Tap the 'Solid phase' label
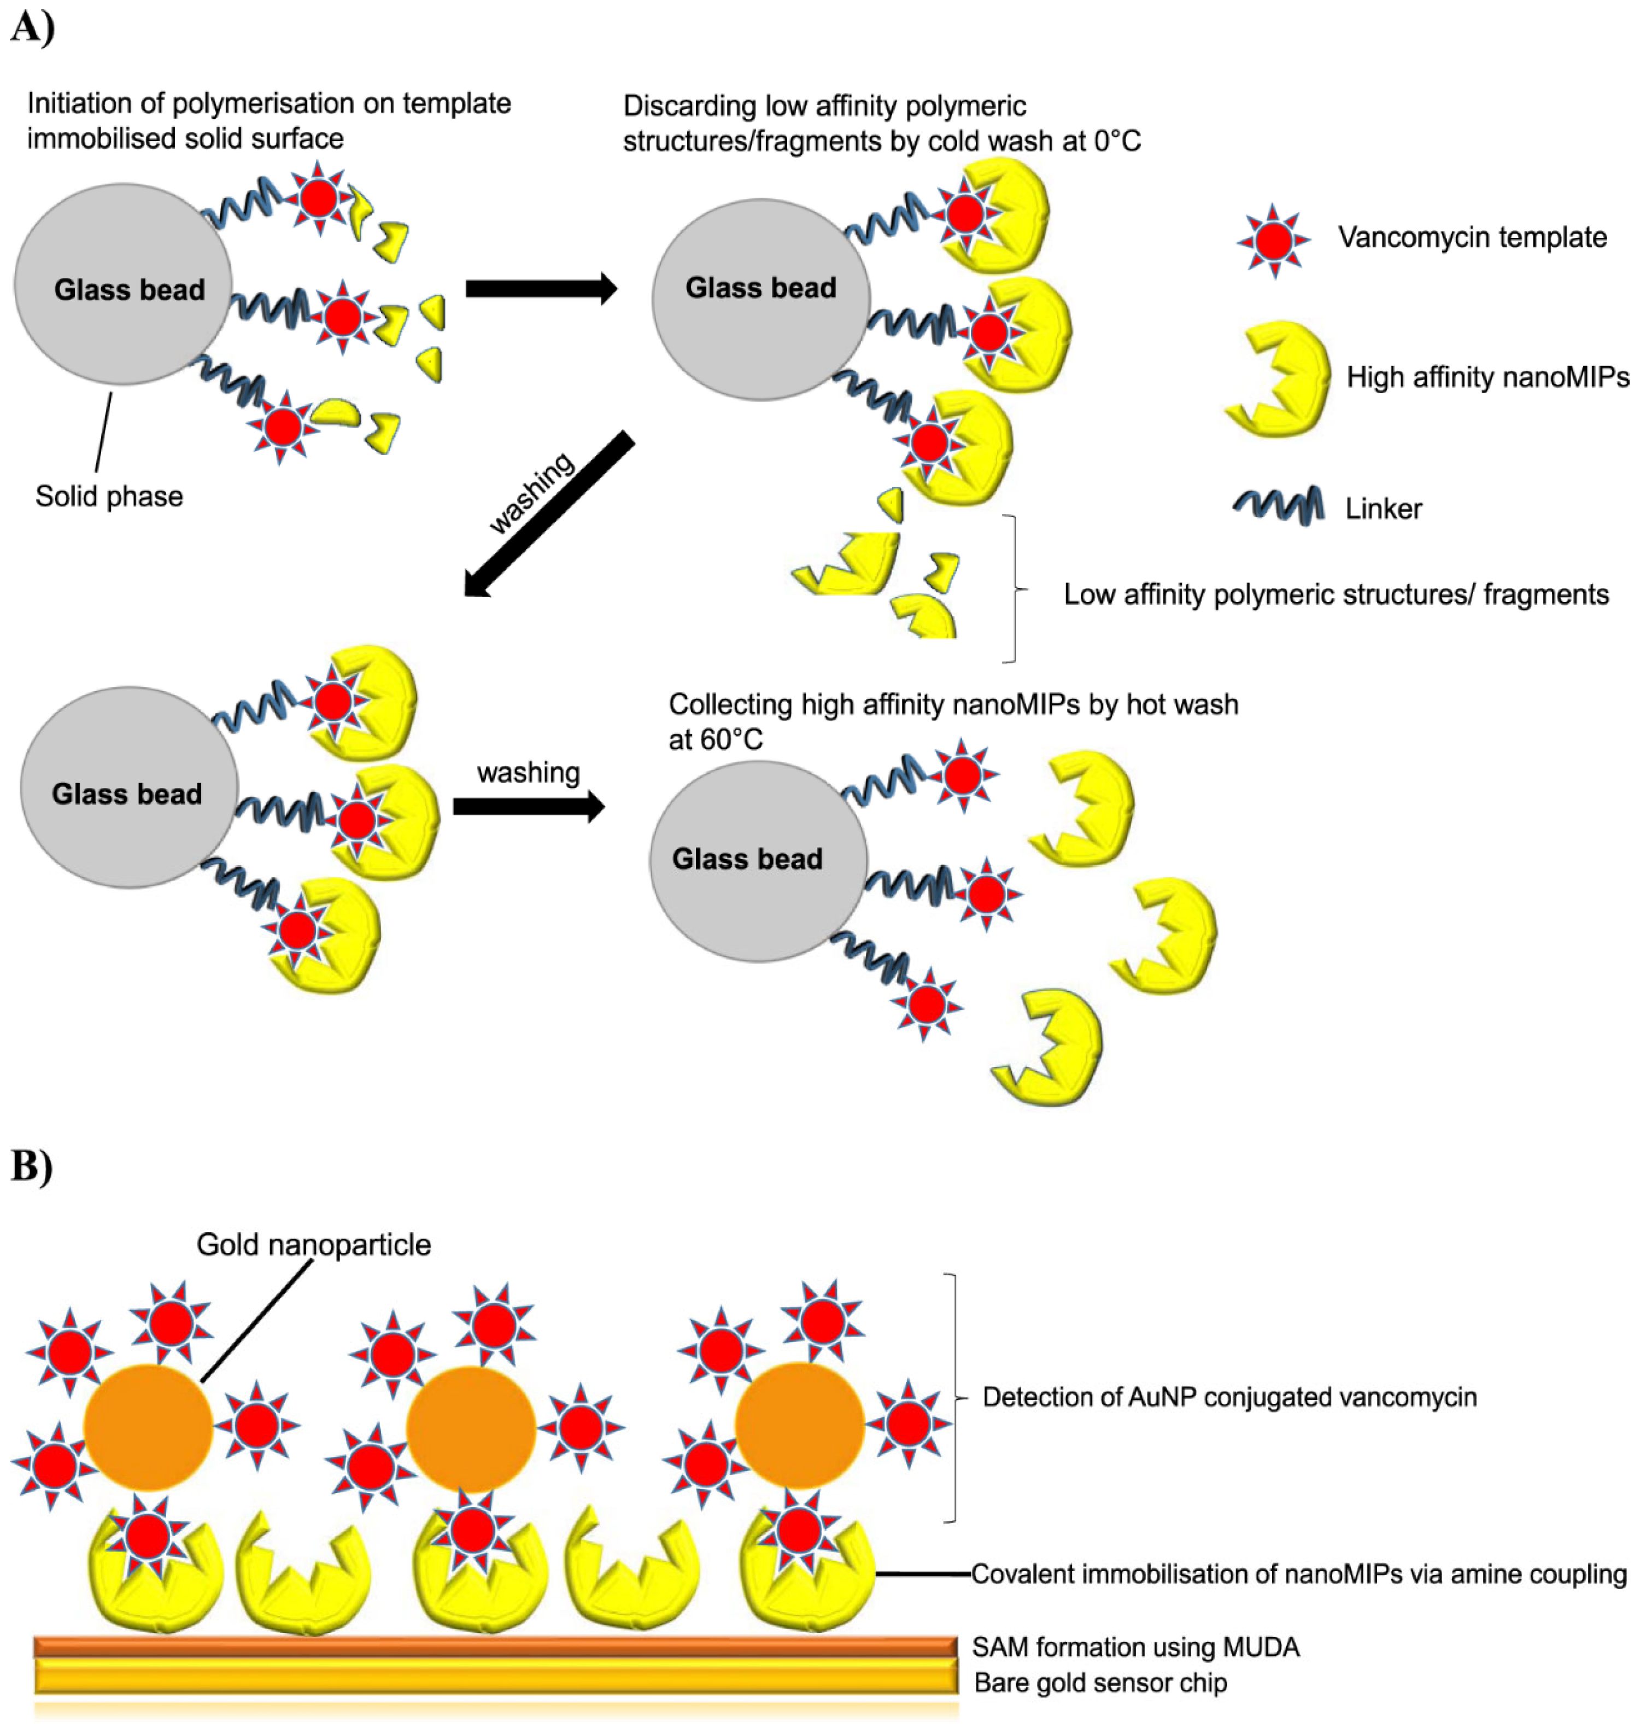pyautogui.click(x=109, y=497)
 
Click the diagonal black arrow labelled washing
pyautogui.click(x=548, y=514)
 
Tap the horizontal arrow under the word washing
pyautogui.click(x=528, y=806)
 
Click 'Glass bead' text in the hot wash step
pyautogui.click(x=747, y=859)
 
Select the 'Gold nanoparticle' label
pyautogui.click(x=313, y=1244)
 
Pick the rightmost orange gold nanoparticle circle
pyautogui.click(x=799, y=1425)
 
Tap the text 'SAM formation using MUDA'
pyautogui.click(x=1135, y=1647)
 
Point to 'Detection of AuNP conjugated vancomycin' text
pyautogui.click(x=1229, y=1397)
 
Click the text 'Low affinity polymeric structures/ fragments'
pyautogui.click(x=1336, y=594)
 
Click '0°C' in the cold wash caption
pyautogui.click(x=1116, y=141)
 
